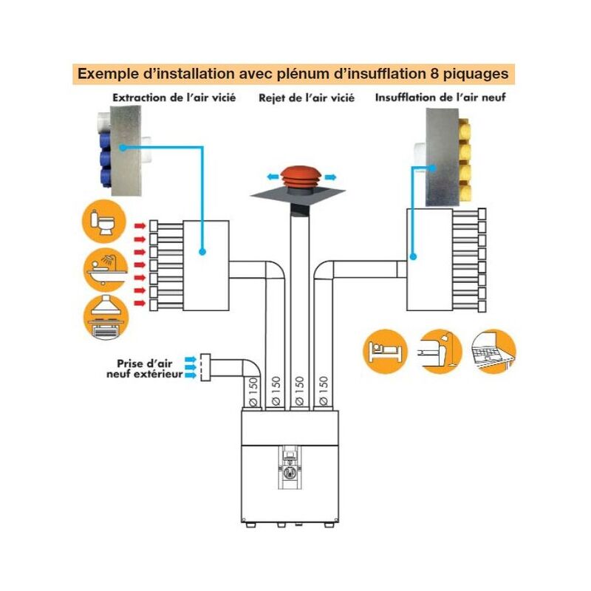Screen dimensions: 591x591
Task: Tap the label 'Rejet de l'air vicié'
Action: coord(307,98)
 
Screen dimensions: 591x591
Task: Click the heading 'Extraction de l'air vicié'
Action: coord(174,98)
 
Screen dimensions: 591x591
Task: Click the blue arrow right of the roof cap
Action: coord(330,177)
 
